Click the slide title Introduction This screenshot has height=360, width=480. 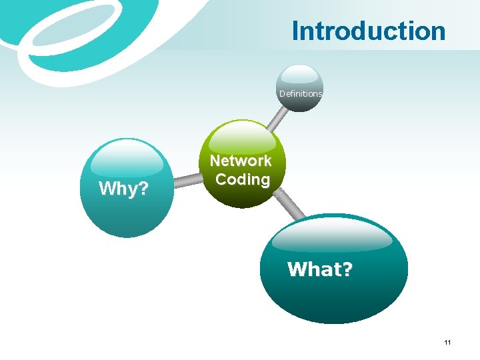[x=368, y=31]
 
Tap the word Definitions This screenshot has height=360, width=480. [x=300, y=94]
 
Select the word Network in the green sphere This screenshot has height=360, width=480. [x=241, y=161]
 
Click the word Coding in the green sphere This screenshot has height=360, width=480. [x=243, y=179]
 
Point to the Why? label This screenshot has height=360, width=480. [x=123, y=189]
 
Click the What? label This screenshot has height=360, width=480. [x=320, y=269]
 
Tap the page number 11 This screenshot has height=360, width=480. [x=447, y=343]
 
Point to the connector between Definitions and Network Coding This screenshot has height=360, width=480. [x=275, y=119]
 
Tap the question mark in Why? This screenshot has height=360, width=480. [x=142, y=189]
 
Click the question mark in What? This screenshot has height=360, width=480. [x=346, y=269]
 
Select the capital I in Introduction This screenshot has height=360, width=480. [x=296, y=31]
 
